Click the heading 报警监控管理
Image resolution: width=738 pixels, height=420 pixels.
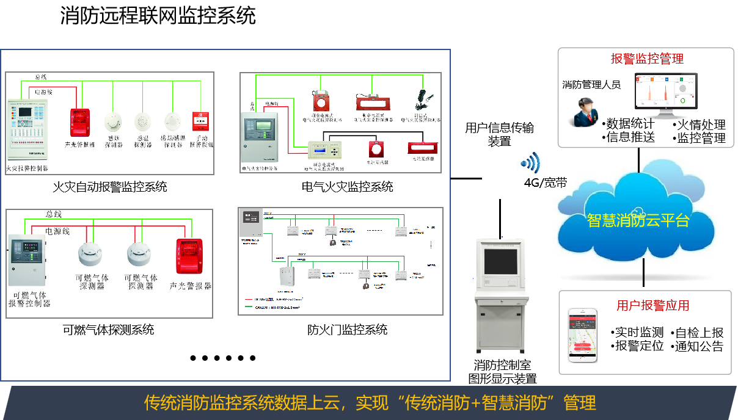coord(647,59)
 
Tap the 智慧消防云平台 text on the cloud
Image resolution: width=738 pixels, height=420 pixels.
coord(638,220)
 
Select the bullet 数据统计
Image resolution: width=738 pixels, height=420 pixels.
coord(630,124)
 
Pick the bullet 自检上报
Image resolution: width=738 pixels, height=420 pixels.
coord(699,333)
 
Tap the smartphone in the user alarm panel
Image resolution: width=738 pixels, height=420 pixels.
coord(582,335)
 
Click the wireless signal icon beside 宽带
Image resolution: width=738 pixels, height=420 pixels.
coord(529,163)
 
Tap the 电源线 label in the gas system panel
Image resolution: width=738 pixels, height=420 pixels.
coord(58,231)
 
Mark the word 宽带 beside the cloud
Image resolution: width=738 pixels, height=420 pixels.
coord(555,183)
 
